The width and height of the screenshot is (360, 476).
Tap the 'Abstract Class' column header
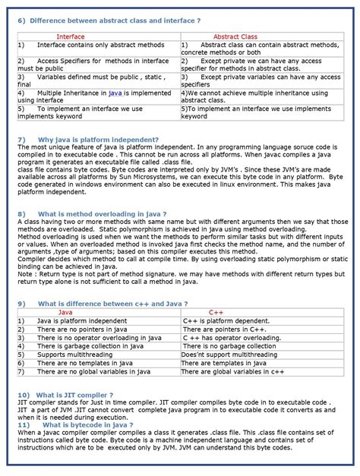click(235, 36)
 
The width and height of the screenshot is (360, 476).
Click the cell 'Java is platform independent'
click(82, 321)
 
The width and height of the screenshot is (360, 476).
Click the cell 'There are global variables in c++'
click(232, 372)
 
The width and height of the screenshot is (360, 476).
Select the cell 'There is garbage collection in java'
click(92, 346)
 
